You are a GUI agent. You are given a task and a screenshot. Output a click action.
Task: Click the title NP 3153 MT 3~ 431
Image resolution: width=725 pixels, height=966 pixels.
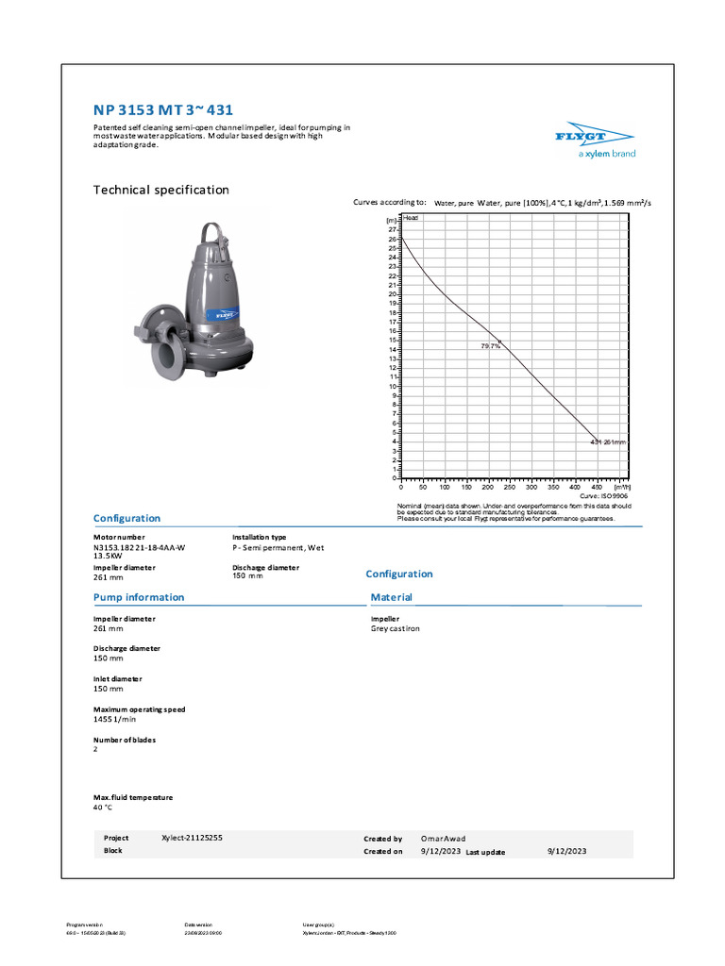coord(162,109)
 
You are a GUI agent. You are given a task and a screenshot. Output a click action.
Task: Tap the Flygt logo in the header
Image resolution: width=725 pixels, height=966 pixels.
coord(594,141)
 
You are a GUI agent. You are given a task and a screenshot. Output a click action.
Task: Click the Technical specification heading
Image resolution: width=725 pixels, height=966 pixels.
coord(160,190)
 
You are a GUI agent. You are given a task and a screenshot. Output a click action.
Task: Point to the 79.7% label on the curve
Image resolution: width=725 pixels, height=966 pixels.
coord(490,347)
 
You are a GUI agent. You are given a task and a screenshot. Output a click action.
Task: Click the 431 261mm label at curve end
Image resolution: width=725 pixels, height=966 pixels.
coord(607,441)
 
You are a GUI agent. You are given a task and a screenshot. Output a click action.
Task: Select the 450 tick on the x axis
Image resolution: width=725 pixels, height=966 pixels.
coord(597,487)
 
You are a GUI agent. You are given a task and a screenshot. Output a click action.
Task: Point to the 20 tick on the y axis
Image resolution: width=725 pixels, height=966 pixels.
coord(392,294)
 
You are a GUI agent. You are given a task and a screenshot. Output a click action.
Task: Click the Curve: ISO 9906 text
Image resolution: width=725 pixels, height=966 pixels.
coord(603,495)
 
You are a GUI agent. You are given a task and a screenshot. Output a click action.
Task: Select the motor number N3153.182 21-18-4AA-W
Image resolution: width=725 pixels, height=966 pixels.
coord(139,547)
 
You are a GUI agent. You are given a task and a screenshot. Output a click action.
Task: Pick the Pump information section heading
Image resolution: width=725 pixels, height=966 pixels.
coord(139,597)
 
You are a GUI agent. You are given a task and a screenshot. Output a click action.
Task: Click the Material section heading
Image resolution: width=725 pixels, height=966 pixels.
coord(391,597)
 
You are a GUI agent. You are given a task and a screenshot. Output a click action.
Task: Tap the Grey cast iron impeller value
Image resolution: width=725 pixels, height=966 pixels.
coord(396,628)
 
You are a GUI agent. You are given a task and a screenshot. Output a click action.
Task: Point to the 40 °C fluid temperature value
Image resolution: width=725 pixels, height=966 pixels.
coord(103,808)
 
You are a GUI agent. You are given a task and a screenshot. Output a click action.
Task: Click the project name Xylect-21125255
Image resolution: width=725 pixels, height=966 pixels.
coord(192,838)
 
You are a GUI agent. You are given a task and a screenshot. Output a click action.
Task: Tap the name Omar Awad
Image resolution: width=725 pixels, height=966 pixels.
coord(443,839)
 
